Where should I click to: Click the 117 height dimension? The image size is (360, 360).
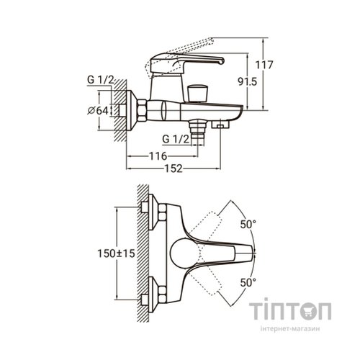(264, 65)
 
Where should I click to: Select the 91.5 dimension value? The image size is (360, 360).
(247, 82)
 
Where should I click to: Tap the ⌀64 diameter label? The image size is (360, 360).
(98, 111)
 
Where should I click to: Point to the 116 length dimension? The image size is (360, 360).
(158, 156)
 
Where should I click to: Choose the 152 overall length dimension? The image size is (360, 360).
(174, 168)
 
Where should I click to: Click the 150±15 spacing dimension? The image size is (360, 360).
(116, 253)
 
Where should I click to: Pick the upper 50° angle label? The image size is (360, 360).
(248, 225)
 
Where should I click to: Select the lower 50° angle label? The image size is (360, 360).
(248, 282)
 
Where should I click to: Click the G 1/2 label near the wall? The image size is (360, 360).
(100, 80)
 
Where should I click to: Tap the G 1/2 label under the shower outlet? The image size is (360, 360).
(176, 139)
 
